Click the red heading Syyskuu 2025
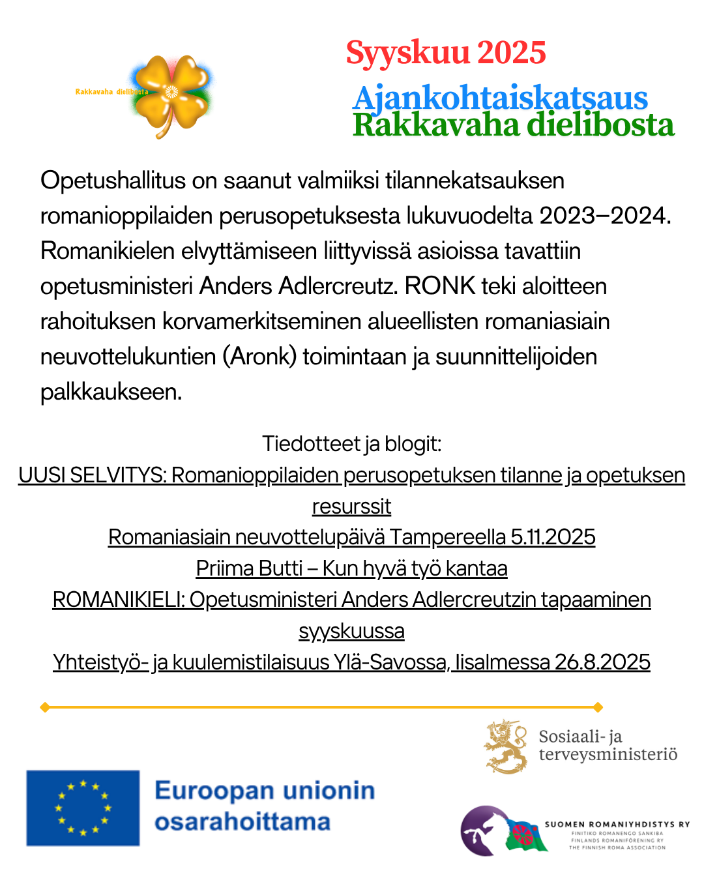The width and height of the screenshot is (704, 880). pos(446,53)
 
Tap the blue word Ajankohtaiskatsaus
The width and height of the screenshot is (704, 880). pos(500,98)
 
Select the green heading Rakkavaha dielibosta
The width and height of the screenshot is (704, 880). pos(513,125)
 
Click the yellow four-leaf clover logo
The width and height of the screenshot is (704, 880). pos(171,95)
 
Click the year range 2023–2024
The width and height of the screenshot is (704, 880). pos(602,216)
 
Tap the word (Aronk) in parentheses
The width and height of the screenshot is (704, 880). pos(259,357)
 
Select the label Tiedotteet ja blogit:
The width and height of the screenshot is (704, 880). pos(352,444)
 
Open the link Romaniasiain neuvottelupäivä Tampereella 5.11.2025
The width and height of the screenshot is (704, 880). pos(352,537)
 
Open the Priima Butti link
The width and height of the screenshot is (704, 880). pos(352,568)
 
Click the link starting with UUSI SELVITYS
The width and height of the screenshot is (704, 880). pos(352,476)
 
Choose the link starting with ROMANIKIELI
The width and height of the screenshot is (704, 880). pos(352,600)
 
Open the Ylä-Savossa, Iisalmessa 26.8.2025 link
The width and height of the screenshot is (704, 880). pos(352,662)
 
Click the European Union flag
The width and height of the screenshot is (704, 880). pos(83,808)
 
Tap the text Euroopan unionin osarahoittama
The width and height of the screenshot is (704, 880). pos(264,806)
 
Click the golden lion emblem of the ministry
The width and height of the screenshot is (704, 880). pos(506,746)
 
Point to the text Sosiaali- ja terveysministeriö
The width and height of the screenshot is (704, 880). pos(608,745)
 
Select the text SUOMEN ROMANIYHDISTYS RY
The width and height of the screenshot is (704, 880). pos(617,825)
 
